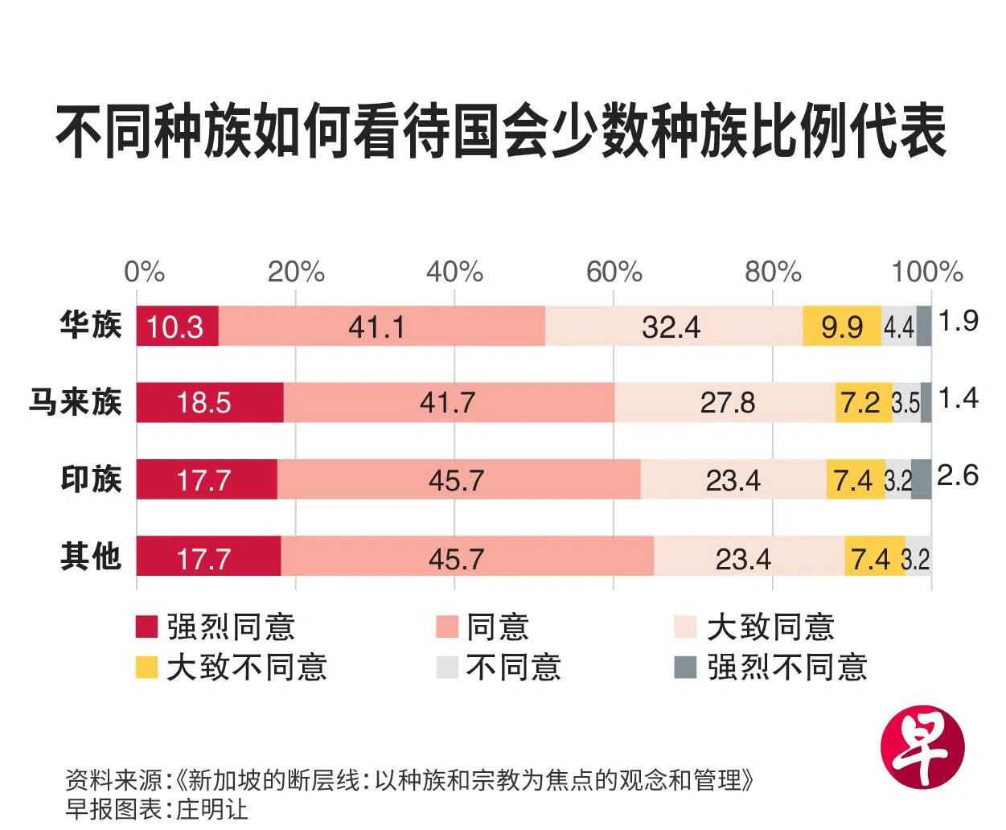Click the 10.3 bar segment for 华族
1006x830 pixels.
(177, 327)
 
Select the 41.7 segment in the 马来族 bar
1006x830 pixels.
(448, 402)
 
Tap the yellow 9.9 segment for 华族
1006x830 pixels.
(841, 327)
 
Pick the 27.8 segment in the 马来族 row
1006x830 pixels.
(726, 402)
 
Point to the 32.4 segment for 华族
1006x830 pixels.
(672, 327)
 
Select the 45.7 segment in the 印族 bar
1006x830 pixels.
(458, 480)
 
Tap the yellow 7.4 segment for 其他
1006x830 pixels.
(873, 557)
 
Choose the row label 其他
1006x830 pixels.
(90, 557)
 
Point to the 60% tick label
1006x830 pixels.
(614, 273)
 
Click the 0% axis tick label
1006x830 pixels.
(144, 273)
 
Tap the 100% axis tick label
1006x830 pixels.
(926, 273)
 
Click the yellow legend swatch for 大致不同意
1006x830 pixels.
(147, 668)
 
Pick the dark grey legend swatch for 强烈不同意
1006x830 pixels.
(684, 668)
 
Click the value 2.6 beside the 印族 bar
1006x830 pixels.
(958, 475)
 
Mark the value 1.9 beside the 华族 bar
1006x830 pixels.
(958, 321)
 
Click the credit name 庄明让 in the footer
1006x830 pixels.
(212, 808)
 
